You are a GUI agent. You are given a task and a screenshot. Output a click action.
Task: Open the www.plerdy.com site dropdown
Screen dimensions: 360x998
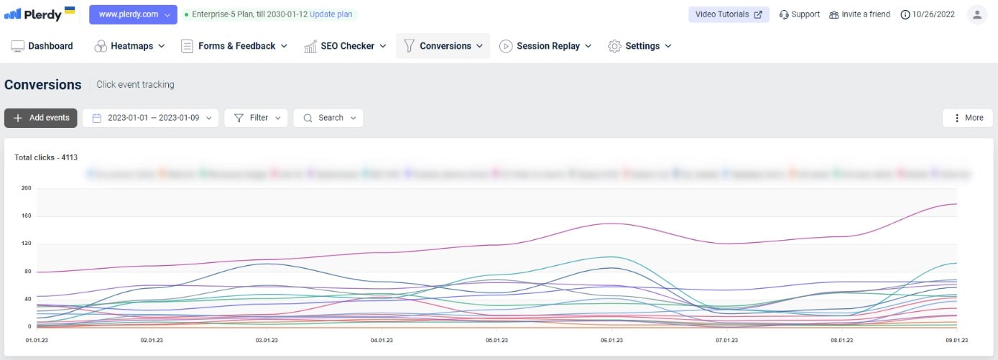(133, 14)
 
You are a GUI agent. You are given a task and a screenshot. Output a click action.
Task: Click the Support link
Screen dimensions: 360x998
(799, 14)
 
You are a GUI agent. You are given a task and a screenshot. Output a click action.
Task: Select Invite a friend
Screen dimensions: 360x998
(859, 14)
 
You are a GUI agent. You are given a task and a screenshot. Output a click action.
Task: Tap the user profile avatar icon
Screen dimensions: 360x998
(976, 14)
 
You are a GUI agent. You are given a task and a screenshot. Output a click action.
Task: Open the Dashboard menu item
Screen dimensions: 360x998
(42, 46)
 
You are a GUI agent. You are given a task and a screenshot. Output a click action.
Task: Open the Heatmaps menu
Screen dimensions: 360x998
(130, 46)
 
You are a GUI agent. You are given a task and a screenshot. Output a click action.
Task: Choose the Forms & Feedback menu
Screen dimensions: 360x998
(234, 46)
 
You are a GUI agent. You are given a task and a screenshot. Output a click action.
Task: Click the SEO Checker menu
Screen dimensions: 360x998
(346, 46)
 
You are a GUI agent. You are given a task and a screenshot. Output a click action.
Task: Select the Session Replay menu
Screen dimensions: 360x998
(546, 46)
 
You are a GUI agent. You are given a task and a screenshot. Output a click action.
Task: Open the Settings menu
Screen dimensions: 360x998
(640, 46)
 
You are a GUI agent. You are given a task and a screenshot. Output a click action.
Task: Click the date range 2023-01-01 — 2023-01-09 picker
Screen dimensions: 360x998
(151, 118)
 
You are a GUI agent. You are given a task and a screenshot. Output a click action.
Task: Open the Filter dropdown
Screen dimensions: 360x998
(256, 118)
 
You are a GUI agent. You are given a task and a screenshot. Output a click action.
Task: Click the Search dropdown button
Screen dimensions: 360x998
(328, 118)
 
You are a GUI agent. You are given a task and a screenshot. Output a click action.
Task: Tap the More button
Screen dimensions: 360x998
(967, 118)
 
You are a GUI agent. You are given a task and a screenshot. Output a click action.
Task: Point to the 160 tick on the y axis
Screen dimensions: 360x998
(27, 216)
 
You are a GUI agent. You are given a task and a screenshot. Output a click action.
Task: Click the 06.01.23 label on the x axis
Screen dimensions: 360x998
(611, 340)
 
